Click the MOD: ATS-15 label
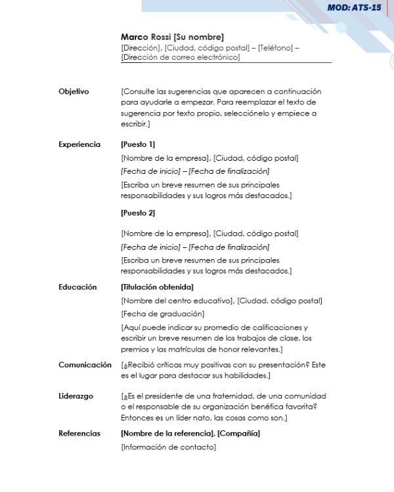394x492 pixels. coord(354,8)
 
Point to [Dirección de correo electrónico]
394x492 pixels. coord(181,57)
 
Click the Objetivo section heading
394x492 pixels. coord(74,91)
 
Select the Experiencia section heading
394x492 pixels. coord(79,144)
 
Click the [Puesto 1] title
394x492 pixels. coord(138,144)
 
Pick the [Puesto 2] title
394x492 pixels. coord(138,213)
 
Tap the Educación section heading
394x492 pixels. coord(77,287)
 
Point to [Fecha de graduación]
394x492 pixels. coord(163,314)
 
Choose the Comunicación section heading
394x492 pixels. coord(85,365)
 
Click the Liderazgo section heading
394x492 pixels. coord(76,396)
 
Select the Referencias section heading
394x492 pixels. coord(79,434)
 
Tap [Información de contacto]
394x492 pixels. coord(169,447)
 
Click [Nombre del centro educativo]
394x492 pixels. coord(177,300)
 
